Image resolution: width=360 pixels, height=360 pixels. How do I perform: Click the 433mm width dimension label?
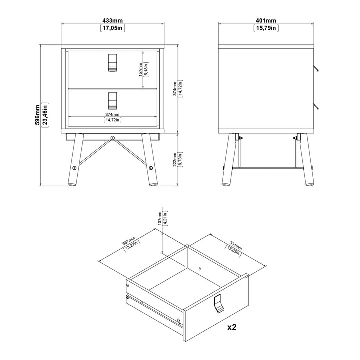pos(112,21)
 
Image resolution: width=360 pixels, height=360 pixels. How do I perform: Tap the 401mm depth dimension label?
pos(266,21)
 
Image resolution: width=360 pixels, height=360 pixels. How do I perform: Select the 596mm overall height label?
pos(37,115)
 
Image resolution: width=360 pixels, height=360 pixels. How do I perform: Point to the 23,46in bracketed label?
pos(45,115)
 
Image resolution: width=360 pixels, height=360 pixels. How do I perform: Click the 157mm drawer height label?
pos(140,70)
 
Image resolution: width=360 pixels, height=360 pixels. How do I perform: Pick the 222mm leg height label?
pos(175,159)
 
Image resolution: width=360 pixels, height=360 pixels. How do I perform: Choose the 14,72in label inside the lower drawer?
pos(112,120)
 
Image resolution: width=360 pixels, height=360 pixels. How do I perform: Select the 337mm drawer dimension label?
pos(129,241)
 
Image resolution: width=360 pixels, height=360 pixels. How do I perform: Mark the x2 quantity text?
pos(232,327)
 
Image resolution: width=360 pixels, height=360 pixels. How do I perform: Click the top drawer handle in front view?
pos(112,63)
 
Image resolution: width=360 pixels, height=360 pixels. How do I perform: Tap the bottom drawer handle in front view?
pos(112,101)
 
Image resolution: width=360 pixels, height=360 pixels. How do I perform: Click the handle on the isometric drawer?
pos(218,303)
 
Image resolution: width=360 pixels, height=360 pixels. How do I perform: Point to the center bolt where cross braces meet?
pos(112,138)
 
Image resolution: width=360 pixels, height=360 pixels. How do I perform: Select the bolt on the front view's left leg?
pos(74,168)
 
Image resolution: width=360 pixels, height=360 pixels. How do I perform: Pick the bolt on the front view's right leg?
pos(151,168)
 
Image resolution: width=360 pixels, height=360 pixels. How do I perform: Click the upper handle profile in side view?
pos(316,68)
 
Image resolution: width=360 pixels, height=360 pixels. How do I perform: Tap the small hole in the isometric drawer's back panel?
pos(200,268)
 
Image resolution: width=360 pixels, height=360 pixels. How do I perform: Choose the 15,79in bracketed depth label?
pos(266,28)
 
